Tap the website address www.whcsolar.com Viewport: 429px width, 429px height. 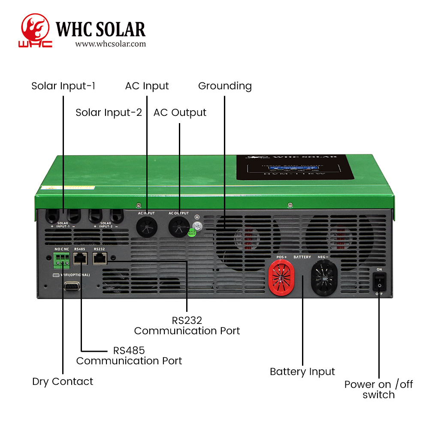[110, 44]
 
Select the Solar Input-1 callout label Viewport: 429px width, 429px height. [63, 86]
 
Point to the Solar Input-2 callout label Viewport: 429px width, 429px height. [109, 112]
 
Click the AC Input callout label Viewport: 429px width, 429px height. [147, 86]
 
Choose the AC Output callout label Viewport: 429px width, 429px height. [180, 112]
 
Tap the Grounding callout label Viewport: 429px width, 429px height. [225, 86]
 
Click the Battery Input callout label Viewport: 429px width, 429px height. [302, 372]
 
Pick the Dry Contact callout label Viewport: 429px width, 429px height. [63, 381]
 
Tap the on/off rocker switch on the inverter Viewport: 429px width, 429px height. [379, 281]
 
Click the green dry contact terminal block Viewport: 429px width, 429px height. [61, 258]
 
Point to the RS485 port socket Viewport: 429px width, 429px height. [80, 257]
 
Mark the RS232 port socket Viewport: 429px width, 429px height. [100, 257]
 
